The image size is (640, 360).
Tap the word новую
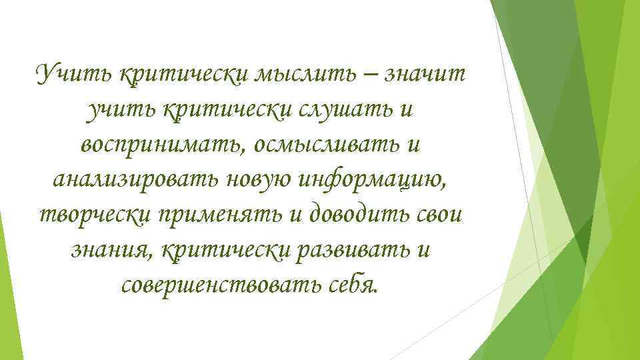(263, 178)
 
